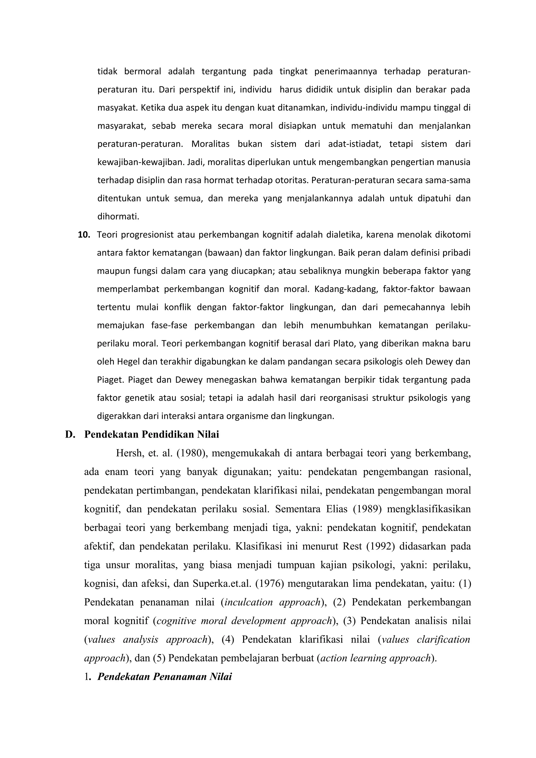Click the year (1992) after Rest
381,546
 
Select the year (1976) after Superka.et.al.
270,584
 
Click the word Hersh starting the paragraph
129,453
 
